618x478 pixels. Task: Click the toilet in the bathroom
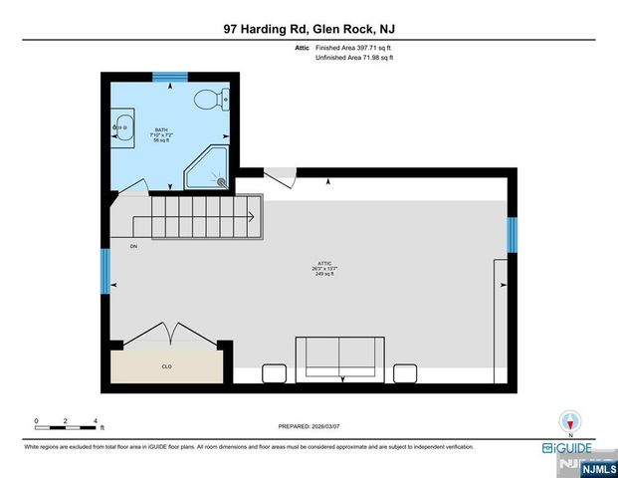pyautogui.click(x=212, y=99)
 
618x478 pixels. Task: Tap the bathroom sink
pyautogui.click(x=122, y=128)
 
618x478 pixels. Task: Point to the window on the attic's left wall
pyautogui.click(x=105, y=271)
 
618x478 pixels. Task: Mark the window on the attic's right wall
pyautogui.click(x=513, y=235)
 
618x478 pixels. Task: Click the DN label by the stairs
pyautogui.click(x=132, y=245)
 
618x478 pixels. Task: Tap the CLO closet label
pyautogui.click(x=166, y=366)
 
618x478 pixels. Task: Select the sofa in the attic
pyautogui.click(x=338, y=358)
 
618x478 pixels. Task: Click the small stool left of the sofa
pyautogui.click(x=274, y=373)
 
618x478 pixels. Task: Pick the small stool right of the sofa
pyautogui.click(x=404, y=373)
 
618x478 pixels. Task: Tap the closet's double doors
pyautogui.click(x=166, y=334)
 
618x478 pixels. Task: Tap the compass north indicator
pyautogui.click(x=569, y=421)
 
